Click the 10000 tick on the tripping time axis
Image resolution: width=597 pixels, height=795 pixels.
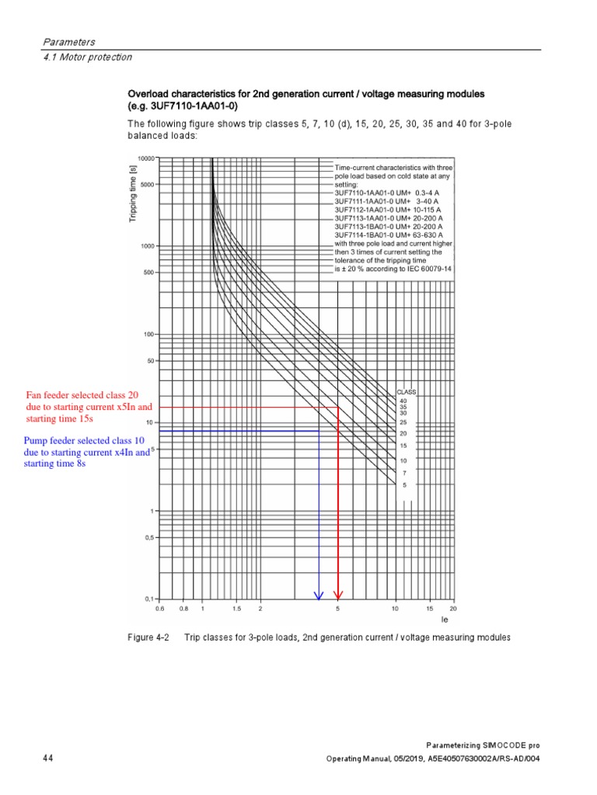coord(146,158)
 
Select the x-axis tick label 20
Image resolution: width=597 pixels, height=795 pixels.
coord(453,609)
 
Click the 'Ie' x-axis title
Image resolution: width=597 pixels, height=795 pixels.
coord(445,620)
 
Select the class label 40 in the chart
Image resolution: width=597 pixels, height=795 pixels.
coord(403,401)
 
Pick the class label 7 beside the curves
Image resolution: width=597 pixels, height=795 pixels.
coord(403,472)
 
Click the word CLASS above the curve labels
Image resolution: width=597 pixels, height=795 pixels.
coord(407,392)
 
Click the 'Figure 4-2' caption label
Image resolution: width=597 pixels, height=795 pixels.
coord(148,637)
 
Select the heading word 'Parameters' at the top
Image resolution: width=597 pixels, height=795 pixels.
coord(68,41)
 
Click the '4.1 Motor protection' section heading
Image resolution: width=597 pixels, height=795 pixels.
coord(87,57)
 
